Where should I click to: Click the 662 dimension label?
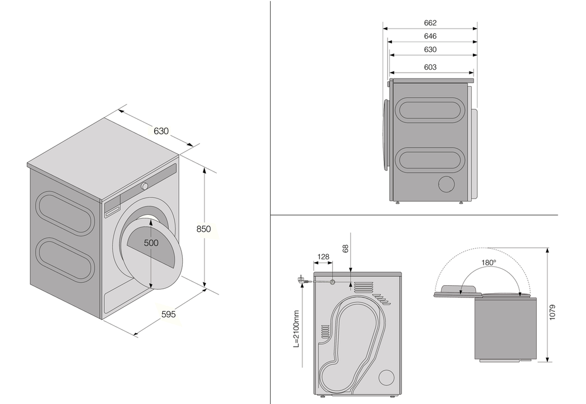pyautogui.click(x=430, y=23)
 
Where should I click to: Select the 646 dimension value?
pyautogui.click(x=430, y=36)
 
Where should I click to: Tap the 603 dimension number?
pyautogui.click(x=430, y=67)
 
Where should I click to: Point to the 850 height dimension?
pyautogui.click(x=203, y=229)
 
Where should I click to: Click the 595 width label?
pyautogui.click(x=169, y=314)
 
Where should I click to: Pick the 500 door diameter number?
pyautogui.click(x=152, y=243)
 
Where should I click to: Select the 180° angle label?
pyautogui.click(x=489, y=263)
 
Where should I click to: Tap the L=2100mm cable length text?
pyautogui.click(x=297, y=328)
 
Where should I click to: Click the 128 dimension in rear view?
pyautogui.click(x=323, y=256)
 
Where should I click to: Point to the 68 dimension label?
pyautogui.click(x=346, y=248)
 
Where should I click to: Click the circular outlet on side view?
pyautogui.click(x=447, y=184)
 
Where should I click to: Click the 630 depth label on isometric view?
pyautogui.click(x=161, y=131)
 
